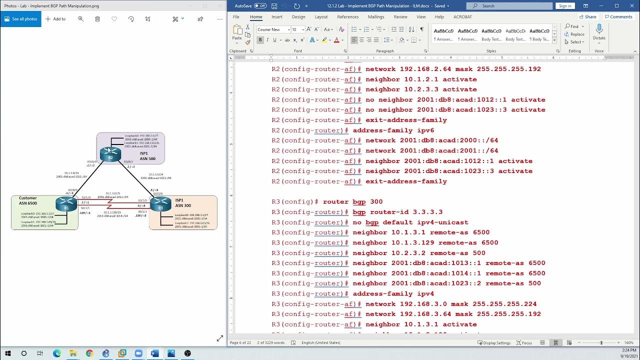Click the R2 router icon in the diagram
click(110, 154)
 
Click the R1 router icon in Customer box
click(66, 204)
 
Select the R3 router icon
click(160, 204)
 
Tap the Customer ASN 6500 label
click(28, 201)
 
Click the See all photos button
click(21, 19)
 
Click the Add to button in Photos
click(55, 19)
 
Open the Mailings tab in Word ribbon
click(376, 16)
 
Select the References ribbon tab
click(347, 16)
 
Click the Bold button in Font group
click(260, 40)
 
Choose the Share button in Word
click(587, 16)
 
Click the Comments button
click(618, 16)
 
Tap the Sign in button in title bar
click(565, 6)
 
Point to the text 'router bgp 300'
click(352, 201)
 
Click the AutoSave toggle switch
click(260, 6)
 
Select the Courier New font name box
click(272, 29)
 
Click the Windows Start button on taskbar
click(8, 353)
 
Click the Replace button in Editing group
click(574, 34)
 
